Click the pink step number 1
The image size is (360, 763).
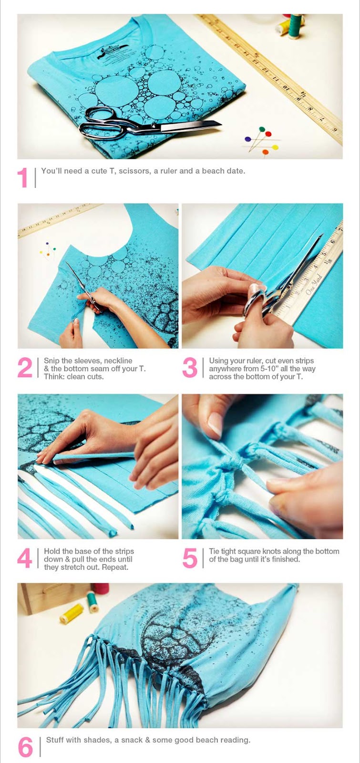pyautogui.click(x=22, y=177)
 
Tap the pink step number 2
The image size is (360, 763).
pyautogui.click(x=25, y=368)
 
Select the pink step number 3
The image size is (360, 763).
pyautogui.click(x=190, y=368)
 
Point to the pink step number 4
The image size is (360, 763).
pyautogui.click(x=24, y=558)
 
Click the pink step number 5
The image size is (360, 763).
pyautogui.click(x=190, y=558)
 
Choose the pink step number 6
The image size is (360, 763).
pyautogui.click(x=25, y=747)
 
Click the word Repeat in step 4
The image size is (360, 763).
pyautogui.click(x=116, y=567)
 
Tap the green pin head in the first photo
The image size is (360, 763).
pyautogui.click(x=262, y=129)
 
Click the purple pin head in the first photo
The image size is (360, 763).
pyautogui.click(x=247, y=139)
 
